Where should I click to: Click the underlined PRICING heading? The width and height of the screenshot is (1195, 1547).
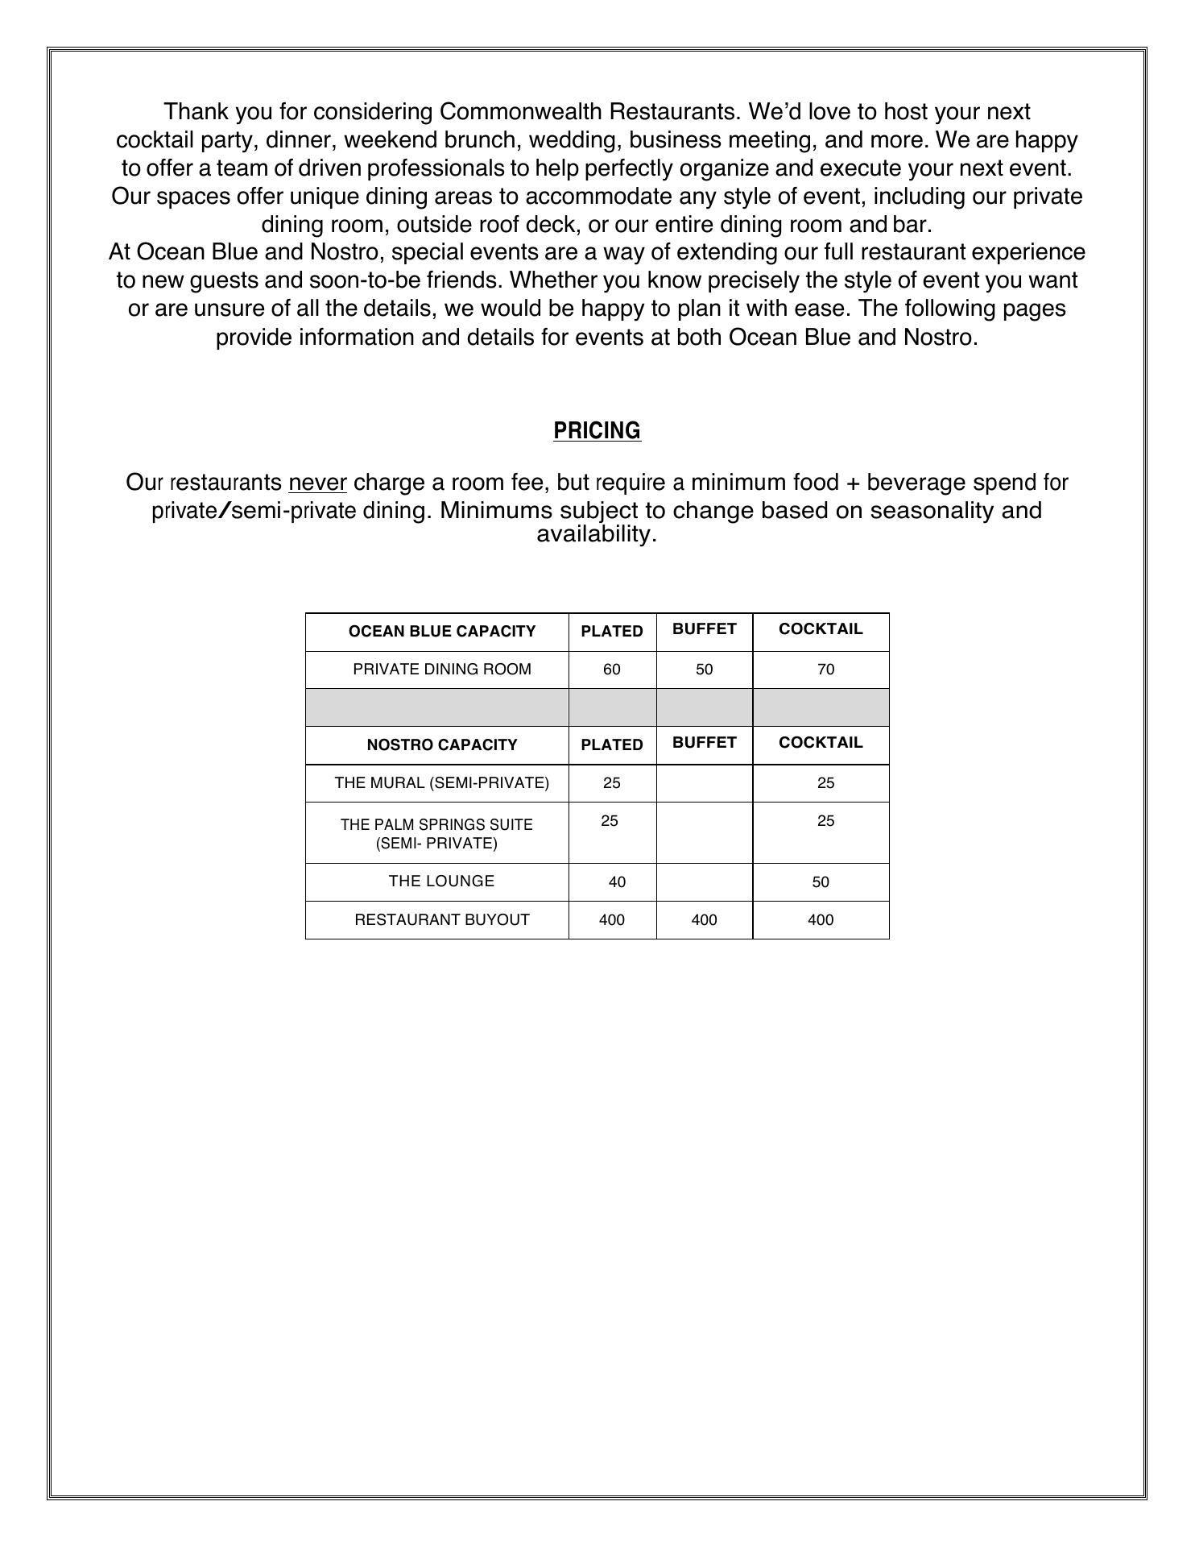click(x=597, y=431)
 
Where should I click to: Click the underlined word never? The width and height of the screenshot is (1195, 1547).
click(x=317, y=483)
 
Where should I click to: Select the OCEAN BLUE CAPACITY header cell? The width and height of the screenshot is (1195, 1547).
click(x=441, y=632)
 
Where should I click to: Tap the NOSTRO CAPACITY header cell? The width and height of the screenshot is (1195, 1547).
click(x=441, y=745)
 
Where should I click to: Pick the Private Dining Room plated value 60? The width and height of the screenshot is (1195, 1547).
click(x=611, y=670)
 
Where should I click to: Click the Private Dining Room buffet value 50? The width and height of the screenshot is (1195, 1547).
click(x=704, y=670)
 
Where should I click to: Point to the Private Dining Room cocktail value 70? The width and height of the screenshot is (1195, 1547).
click(x=825, y=670)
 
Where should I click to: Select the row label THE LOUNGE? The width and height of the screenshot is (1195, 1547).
click(x=441, y=881)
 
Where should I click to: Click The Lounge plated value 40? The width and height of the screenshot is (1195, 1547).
click(x=617, y=882)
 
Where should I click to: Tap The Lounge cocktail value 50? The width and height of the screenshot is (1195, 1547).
click(x=821, y=882)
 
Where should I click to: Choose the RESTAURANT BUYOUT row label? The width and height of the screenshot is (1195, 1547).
click(x=442, y=920)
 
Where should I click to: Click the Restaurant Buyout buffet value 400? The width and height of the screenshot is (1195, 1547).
click(x=704, y=920)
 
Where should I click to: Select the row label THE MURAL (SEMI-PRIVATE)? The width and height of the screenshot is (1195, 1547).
click(x=441, y=783)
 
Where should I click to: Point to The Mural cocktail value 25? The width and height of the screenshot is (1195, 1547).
click(x=825, y=783)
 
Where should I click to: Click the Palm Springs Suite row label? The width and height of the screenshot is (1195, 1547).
click(x=436, y=834)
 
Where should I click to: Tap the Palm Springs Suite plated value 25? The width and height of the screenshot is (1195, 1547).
click(x=610, y=821)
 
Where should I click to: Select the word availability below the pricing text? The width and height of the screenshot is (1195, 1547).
click(x=596, y=534)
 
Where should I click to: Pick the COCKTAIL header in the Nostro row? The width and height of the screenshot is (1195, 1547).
click(x=821, y=743)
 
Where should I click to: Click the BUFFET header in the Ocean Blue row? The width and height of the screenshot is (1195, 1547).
click(x=704, y=629)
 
